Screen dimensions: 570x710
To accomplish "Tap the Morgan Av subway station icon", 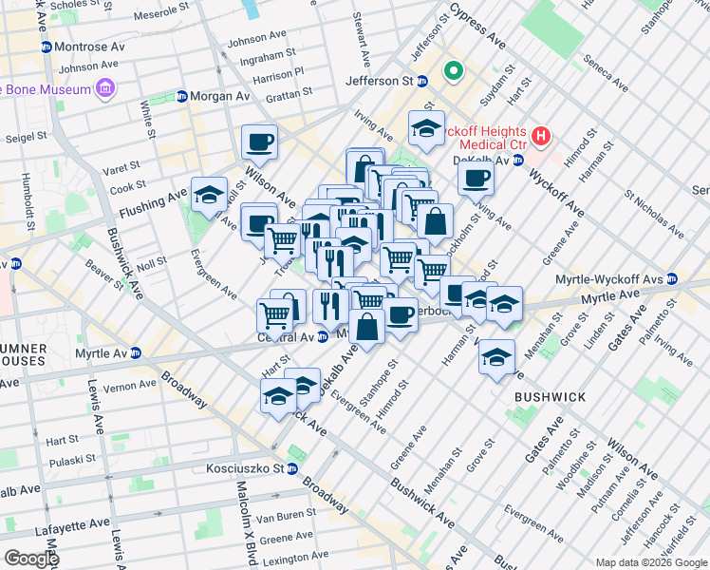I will [181, 97].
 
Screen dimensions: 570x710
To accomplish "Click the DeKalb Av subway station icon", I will [518, 160].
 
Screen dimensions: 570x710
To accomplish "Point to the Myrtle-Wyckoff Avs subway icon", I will [672, 278].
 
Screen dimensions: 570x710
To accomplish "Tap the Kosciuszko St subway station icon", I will [292, 469].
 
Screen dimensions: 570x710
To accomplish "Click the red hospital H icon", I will [541, 136].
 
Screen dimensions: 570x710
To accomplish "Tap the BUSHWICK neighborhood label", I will [550, 396].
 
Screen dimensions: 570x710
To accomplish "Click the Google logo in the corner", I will [30, 559].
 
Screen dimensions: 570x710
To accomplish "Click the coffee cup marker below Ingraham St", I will [259, 143].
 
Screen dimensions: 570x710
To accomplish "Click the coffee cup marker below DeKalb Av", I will [476, 177].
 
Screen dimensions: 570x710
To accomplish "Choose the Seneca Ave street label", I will [605, 71].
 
